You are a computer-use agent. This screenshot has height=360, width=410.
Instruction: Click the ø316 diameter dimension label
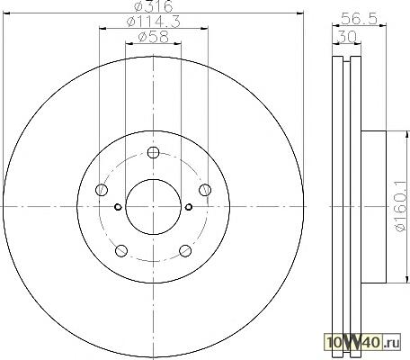(154, 6)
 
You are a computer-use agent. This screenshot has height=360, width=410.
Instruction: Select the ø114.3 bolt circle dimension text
(154, 22)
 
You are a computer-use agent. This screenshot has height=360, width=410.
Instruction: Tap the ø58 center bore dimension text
(153, 37)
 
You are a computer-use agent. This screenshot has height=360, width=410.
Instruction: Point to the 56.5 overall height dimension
(359, 19)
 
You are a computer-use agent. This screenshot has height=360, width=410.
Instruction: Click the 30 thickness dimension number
(347, 37)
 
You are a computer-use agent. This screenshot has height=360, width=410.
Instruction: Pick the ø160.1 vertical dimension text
(402, 207)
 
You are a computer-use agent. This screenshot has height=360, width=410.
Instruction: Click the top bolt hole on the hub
(153, 152)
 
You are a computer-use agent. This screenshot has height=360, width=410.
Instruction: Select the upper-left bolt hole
(102, 190)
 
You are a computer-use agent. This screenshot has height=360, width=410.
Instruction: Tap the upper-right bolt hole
(205, 190)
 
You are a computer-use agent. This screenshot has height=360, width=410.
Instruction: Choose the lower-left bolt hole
(121, 251)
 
